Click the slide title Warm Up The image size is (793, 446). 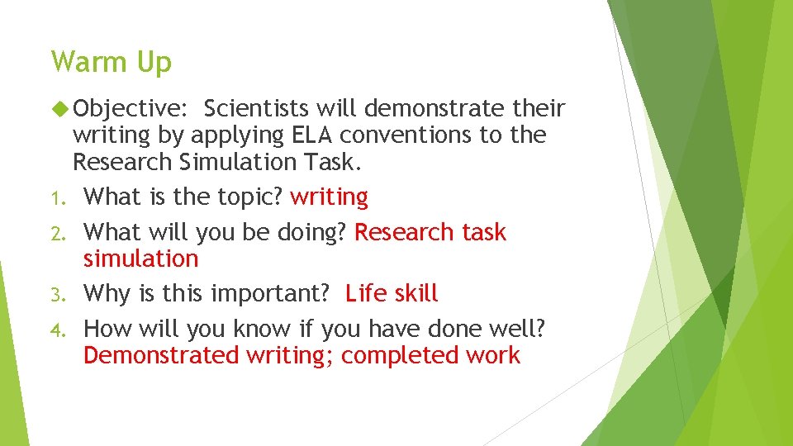pyautogui.click(x=111, y=63)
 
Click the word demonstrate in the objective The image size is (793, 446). pyautogui.click(x=434, y=108)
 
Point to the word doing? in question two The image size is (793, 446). pyautogui.click(x=307, y=233)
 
